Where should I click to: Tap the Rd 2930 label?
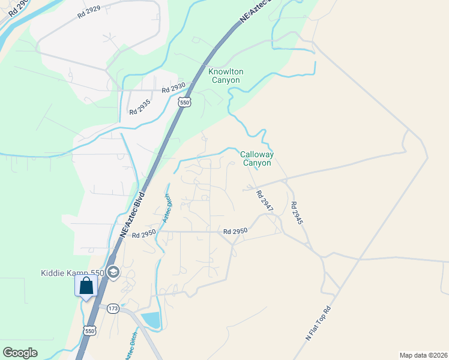click(x=173, y=89)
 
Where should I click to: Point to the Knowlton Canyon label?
click(x=225, y=76)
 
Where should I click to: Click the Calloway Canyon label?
click(x=257, y=158)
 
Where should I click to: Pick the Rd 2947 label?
click(x=264, y=201)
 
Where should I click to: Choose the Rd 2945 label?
click(x=297, y=213)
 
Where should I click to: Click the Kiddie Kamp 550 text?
click(x=72, y=273)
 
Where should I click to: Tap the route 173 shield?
click(x=113, y=308)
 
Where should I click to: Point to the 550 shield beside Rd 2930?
click(x=184, y=103)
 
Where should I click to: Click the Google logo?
click(x=20, y=352)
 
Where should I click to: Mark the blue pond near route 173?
click(x=152, y=320)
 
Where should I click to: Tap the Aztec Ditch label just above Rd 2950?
click(x=166, y=209)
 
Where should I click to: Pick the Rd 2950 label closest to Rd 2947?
click(x=235, y=231)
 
